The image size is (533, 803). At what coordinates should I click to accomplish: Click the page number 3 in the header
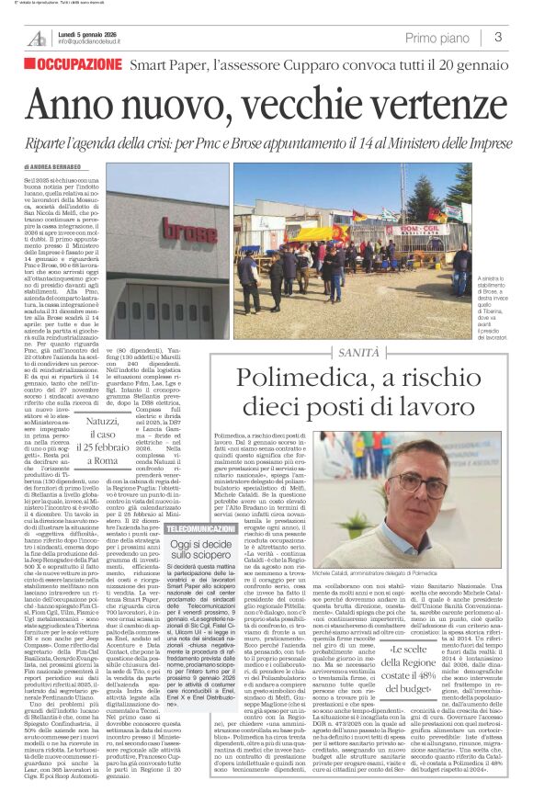pyautogui.click(x=497, y=38)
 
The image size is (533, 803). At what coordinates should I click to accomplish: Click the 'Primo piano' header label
pyautogui.click(x=435, y=38)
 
